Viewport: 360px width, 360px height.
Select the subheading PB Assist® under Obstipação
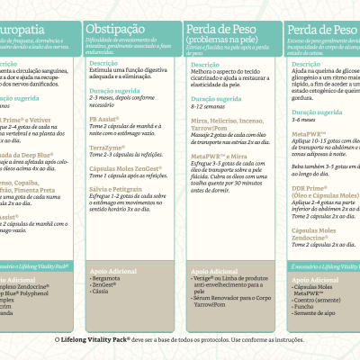[106, 119]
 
